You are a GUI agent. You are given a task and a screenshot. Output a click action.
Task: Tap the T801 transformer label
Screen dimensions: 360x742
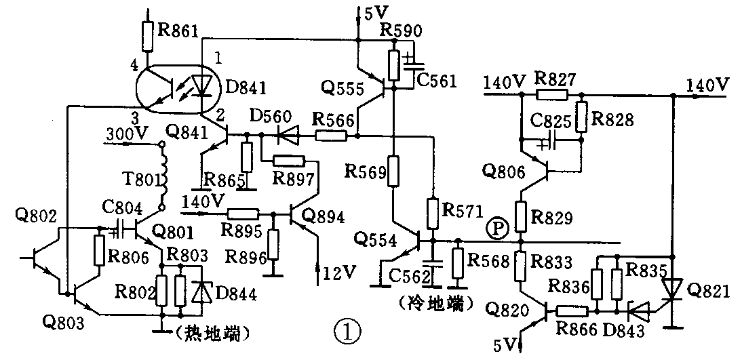pos(142,179)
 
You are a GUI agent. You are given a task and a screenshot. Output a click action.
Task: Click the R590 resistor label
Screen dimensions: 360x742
pos(402,31)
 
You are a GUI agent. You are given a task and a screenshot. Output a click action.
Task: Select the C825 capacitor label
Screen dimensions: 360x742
pos(550,123)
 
